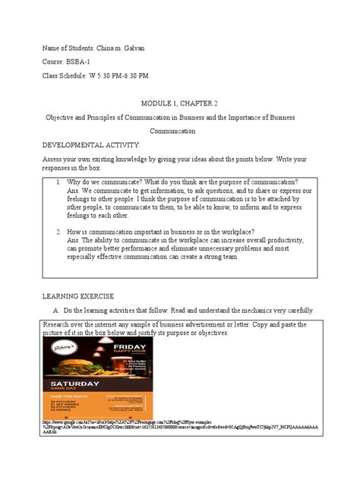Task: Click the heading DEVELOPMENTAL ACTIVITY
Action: (x=92, y=144)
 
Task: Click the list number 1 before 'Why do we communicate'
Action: (x=57, y=184)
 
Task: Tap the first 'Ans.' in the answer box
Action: (x=74, y=191)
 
